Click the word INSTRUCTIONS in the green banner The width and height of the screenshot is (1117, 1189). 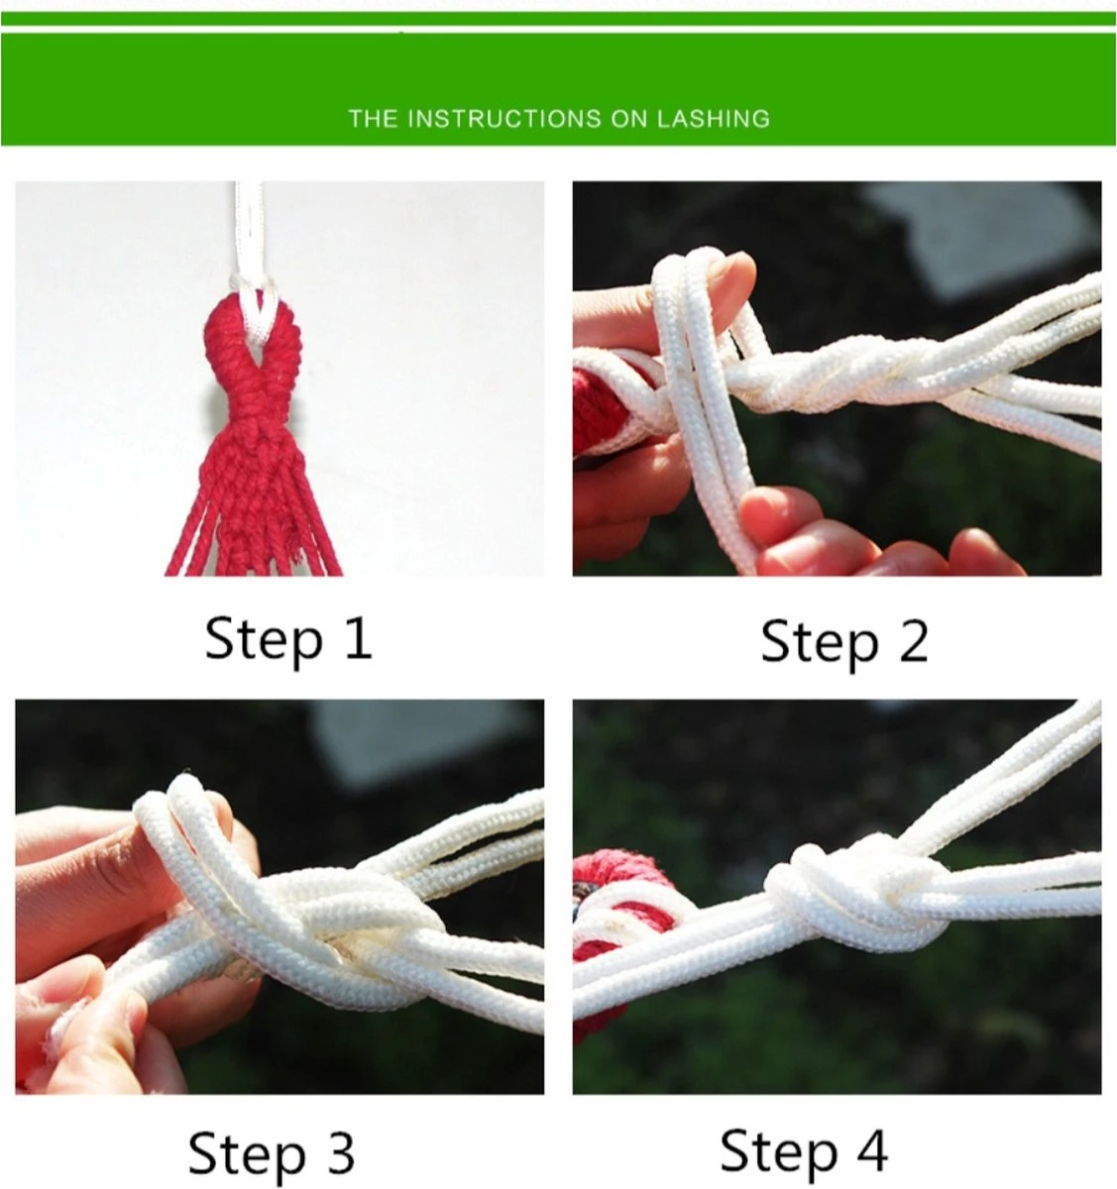click(504, 119)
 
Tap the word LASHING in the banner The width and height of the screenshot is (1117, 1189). click(714, 119)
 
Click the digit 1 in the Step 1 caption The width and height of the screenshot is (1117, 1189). click(360, 639)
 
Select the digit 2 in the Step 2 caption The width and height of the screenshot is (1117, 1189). click(914, 641)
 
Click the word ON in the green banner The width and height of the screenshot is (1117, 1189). click(629, 119)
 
